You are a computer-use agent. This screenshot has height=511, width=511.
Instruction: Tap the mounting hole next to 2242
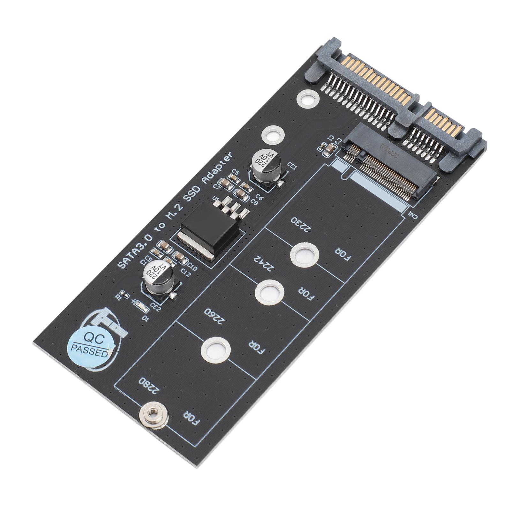pyautogui.click(x=269, y=291)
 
